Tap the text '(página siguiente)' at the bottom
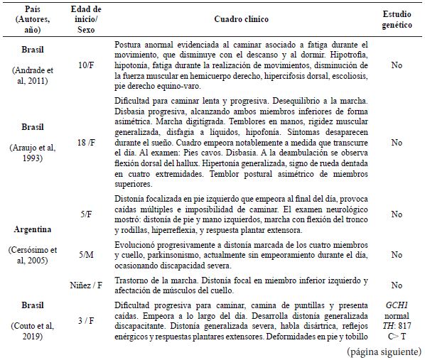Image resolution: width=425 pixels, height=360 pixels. (x=384, y=351)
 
